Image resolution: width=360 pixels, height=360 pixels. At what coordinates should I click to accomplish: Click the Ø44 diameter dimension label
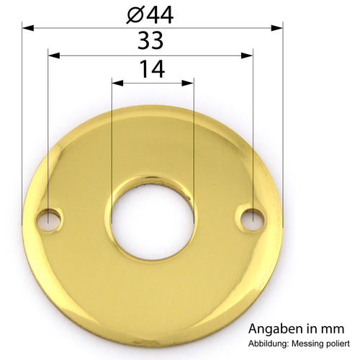[x=150, y=15]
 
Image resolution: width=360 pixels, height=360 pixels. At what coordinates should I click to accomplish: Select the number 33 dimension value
[x=150, y=40]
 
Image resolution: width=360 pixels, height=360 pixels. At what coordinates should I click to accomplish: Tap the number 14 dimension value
[x=152, y=69]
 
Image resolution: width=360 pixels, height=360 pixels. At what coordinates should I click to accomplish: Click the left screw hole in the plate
[x=49, y=220]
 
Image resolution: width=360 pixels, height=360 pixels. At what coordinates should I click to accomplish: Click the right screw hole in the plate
[x=253, y=220]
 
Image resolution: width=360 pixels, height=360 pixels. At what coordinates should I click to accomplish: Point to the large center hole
[x=153, y=222]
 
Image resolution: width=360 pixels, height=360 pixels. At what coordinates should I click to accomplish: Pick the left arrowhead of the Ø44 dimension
[x=28, y=28]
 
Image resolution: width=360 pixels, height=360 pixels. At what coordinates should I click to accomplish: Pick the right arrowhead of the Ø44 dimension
[x=277, y=28]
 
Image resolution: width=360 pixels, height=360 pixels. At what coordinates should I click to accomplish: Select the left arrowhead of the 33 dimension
[x=54, y=55]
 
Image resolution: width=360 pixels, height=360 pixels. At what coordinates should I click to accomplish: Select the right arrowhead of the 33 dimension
[x=247, y=55]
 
